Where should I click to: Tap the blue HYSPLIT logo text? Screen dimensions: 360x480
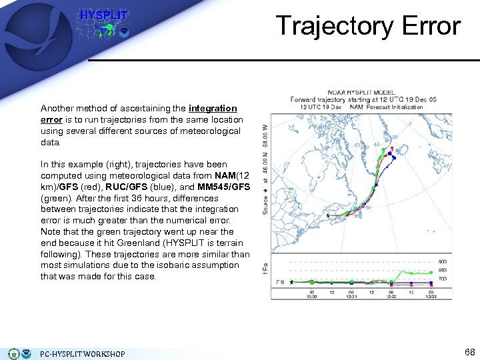click(x=103, y=15)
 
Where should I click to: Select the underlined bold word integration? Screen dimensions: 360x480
click(x=213, y=108)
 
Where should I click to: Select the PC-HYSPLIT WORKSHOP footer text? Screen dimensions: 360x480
click(x=82, y=353)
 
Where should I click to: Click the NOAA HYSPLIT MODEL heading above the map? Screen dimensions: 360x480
click(x=362, y=93)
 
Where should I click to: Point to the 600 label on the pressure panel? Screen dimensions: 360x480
click(x=441, y=261)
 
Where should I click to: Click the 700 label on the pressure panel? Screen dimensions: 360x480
click(x=441, y=277)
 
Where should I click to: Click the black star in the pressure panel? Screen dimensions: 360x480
click(x=291, y=282)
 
